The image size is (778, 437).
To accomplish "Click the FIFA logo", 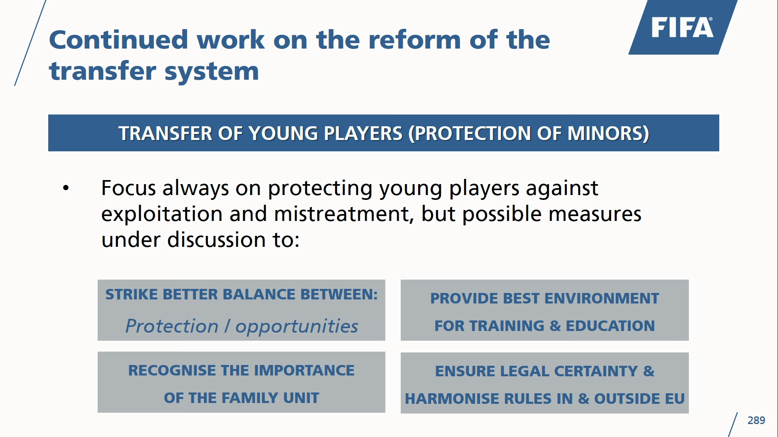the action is point(683,27).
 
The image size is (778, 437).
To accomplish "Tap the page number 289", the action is point(756,420).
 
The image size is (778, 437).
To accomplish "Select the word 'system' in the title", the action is point(212,71).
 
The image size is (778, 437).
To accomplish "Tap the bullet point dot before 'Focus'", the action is point(66,188).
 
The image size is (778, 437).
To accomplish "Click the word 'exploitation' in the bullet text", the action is point(162,214).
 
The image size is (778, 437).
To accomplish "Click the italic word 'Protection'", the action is point(172,326).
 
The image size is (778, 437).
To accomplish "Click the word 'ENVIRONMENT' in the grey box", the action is point(602,298).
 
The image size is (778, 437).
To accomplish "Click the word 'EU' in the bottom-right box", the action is point(675,399).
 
